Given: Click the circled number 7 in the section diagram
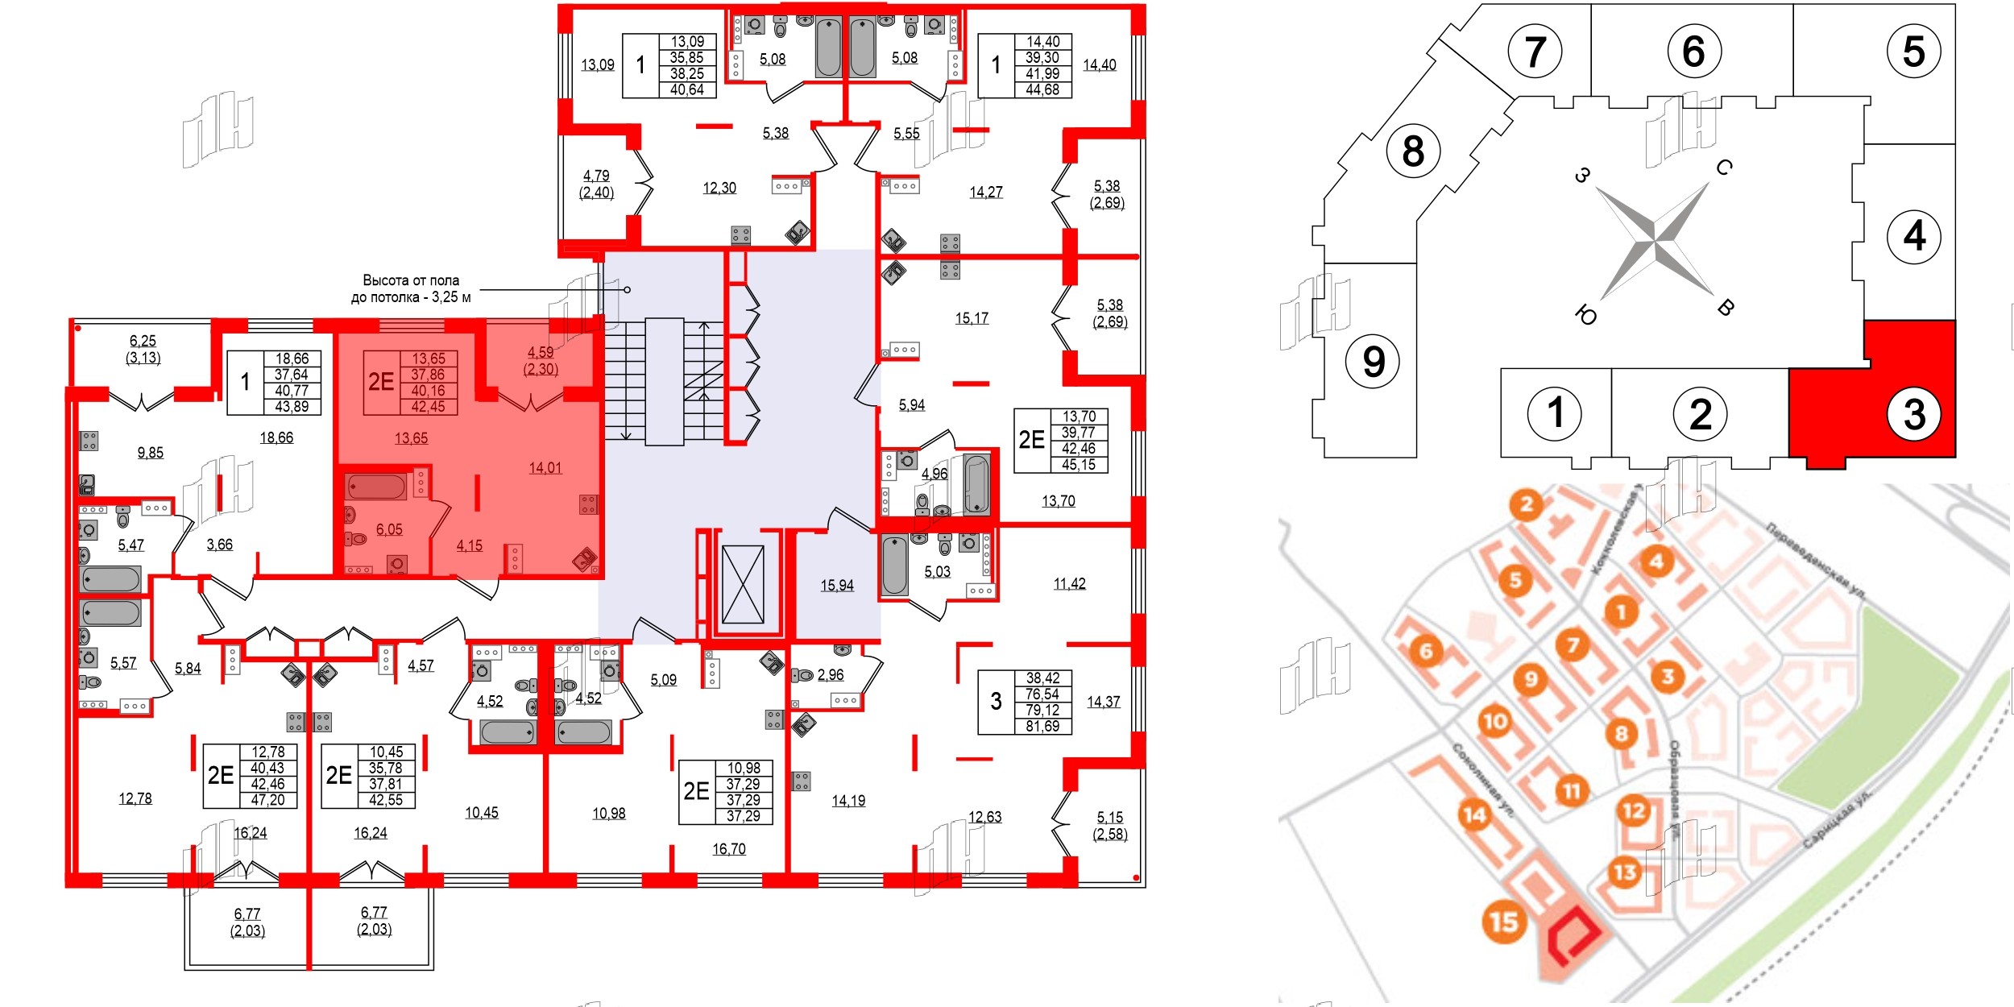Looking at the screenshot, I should tap(1535, 51).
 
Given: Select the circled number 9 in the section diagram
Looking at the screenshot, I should tap(1374, 361).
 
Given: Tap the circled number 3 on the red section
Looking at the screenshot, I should tap(1914, 414).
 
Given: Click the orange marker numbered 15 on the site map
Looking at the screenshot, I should tap(1503, 922).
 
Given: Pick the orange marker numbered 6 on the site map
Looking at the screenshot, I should tap(1426, 650).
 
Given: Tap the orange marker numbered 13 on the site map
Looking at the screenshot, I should tap(1625, 872).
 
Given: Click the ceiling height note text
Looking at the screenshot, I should tap(411, 288).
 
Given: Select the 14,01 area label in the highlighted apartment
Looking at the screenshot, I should tap(545, 468).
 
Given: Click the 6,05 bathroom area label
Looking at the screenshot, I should tap(389, 529).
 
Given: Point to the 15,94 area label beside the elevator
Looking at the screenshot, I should tap(837, 586).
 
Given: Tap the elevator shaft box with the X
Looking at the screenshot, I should tap(742, 585).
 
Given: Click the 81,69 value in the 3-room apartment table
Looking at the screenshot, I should tap(1042, 727).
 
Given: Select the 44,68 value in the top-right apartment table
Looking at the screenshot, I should tap(1042, 90).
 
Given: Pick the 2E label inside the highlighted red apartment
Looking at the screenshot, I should tap(381, 382).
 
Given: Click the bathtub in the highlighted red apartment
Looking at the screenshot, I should tap(376, 487).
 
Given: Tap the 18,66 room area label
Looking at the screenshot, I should tap(276, 437).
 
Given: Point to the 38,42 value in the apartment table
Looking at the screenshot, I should tap(1042, 678).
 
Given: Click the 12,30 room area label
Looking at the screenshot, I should tap(719, 188).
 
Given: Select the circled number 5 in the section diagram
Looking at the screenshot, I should tap(1913, 51).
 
